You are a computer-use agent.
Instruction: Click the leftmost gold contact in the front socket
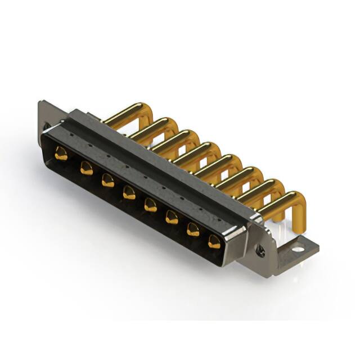(x=61, y=153)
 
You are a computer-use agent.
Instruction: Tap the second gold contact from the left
(x=86, y=167)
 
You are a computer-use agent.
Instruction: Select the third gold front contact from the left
(x=107, y=180)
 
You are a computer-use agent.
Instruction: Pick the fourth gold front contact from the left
(x=129, y=192)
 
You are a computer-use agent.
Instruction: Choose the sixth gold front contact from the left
(x=172, y=217)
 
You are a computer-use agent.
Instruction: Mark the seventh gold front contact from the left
(x=193, y=229)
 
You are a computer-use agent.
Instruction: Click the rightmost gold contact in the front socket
(x=214, y=242)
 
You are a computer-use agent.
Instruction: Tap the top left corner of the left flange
(x=40, y=102)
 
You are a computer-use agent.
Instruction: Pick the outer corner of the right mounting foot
(x=318, y=246)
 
